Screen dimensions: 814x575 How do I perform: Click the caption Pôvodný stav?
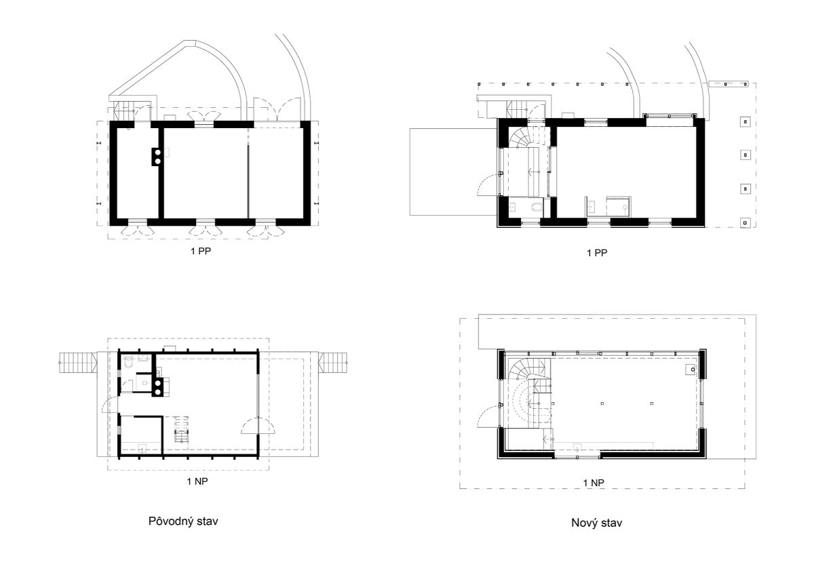183,521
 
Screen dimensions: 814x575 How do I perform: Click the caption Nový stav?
596,523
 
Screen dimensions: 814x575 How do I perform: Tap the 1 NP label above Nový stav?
594,483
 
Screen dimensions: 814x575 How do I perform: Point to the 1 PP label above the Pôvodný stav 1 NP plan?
201,251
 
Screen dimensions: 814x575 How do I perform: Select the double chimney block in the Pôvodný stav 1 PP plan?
157,157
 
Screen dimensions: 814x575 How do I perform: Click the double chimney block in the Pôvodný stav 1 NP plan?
157,387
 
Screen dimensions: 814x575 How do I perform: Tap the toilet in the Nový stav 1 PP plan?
537,207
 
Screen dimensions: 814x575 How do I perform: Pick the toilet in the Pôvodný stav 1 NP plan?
128,363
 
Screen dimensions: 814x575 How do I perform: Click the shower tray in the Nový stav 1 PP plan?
618,206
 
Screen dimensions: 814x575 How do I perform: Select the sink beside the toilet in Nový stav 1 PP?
513,207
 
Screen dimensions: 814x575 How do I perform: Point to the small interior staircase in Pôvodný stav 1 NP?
182,429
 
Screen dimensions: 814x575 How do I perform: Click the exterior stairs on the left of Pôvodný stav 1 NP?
77,363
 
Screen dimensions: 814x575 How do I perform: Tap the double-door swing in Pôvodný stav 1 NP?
258,426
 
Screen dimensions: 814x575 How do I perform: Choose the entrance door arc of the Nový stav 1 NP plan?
487,416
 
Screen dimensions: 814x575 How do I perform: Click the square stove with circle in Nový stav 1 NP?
691,370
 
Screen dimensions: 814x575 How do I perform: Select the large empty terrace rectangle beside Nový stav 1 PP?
454,172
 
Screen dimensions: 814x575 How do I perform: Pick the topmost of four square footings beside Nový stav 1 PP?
745,121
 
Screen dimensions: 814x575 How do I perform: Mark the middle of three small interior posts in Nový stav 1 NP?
602,403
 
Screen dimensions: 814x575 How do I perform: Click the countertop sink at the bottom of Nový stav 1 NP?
577,446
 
